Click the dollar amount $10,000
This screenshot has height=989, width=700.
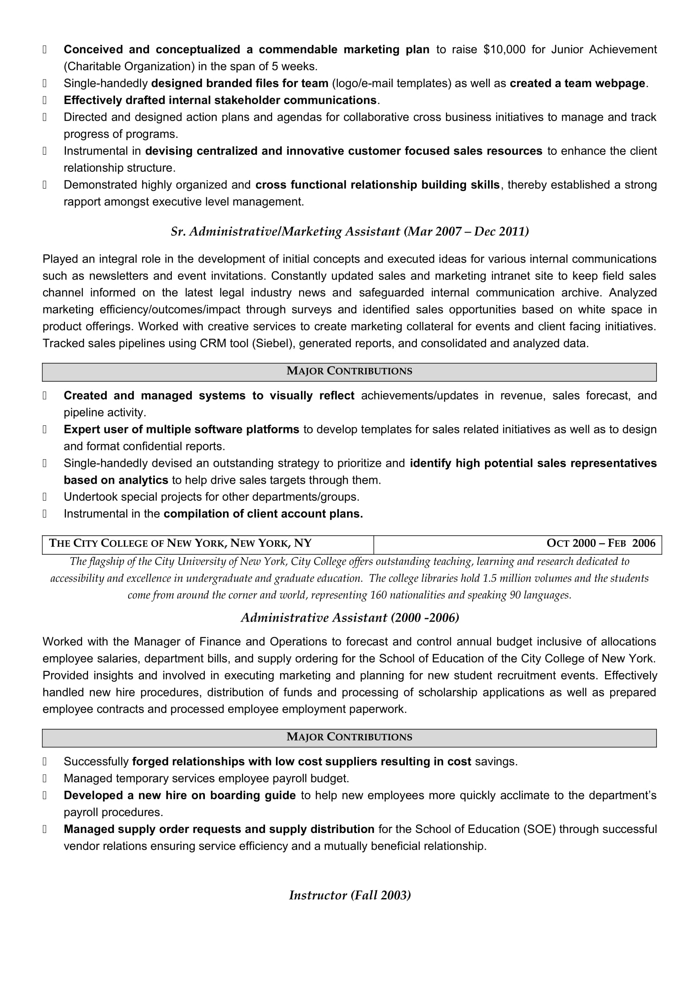point(504,49)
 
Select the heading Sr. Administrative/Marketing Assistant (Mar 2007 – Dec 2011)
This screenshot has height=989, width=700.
point(350,232)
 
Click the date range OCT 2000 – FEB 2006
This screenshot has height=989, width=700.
point(601,543)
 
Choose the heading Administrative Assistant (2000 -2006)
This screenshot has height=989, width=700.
point(350,618)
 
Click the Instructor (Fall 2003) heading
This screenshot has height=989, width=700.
point(350,895)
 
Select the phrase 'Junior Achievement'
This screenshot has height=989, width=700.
point(604,49)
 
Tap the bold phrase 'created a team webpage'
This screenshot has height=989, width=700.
point(577,83)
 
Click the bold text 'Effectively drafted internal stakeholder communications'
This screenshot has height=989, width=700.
point(220,100)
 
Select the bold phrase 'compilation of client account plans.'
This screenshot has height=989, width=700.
point(263,514)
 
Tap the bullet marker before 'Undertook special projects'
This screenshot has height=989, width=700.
point(44,497)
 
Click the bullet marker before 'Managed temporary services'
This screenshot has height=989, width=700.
point(44,778)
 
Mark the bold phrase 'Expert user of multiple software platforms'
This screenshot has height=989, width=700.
point(181,430)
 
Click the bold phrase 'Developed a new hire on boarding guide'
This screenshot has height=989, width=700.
point(179,795)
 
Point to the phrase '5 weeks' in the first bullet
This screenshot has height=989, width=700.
point(294,66)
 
